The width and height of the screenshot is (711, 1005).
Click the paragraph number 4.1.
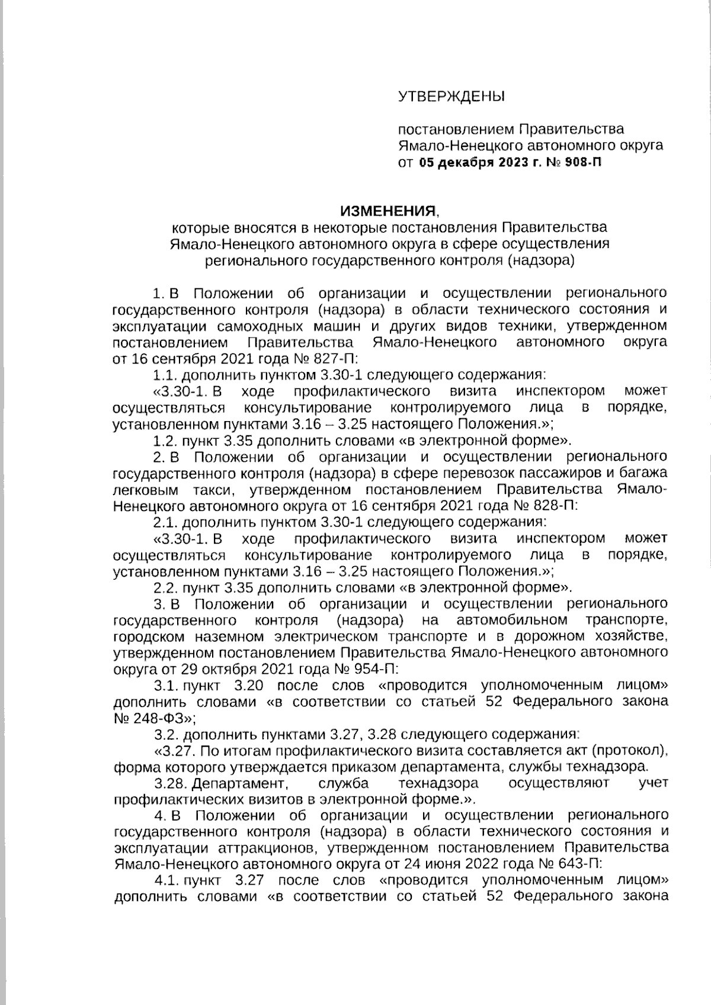(166, 879)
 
